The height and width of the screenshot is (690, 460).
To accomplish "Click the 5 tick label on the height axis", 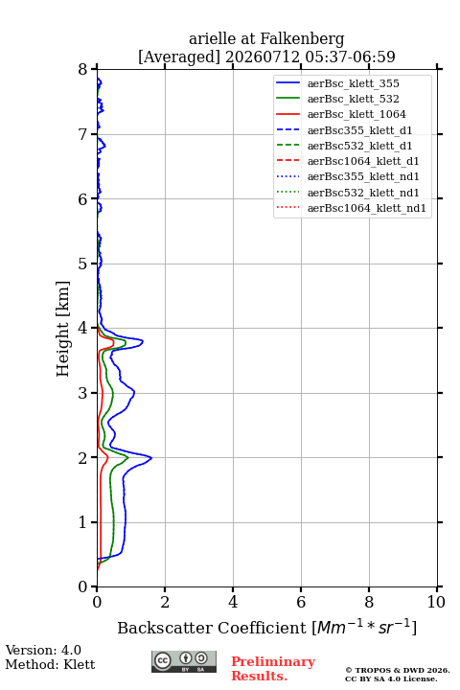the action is [83, 264].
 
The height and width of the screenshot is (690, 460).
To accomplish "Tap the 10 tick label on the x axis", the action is [436, 602].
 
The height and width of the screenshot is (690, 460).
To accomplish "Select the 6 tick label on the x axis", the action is [301, 602].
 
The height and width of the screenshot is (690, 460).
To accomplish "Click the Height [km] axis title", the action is [63, 329].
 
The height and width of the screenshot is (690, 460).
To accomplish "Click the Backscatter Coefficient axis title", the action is [266, 627].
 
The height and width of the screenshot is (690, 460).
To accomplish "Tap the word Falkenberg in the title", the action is [302, 39].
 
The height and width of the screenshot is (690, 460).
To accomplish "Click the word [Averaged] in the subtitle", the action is [178, 57].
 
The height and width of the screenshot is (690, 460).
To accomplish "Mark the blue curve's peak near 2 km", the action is [151, 458].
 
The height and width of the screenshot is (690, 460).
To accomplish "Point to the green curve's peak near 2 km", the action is [128, 457].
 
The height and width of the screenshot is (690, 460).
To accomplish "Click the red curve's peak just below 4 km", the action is [114, 341].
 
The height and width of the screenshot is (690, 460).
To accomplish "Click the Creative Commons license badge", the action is [184, 661].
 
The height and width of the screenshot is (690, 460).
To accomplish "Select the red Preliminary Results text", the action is [273, 669].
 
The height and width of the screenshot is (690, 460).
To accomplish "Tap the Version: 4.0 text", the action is [43, 650].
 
